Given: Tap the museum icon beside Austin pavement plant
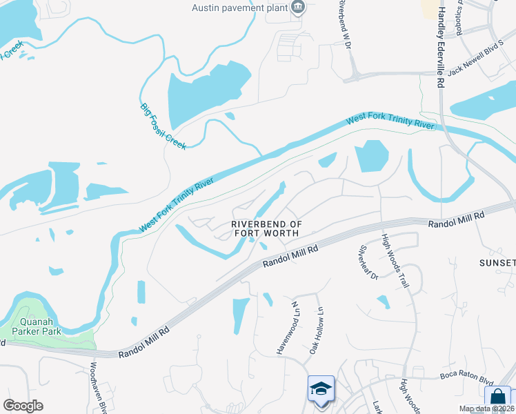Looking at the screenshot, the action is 298,8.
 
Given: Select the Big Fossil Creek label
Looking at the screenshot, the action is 163,126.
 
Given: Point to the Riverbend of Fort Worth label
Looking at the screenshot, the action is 266,229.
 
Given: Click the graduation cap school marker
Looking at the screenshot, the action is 321,389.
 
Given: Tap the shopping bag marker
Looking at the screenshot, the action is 497,398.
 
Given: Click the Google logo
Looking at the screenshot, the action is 23,406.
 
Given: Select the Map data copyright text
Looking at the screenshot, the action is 486,408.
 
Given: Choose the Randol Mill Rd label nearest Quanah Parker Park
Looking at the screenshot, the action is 144,342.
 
